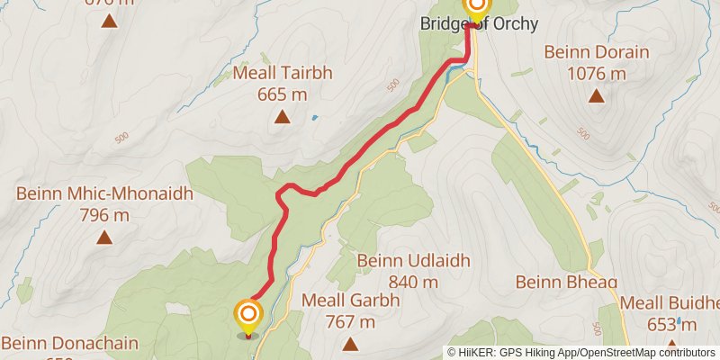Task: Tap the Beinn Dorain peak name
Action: coord(597,52)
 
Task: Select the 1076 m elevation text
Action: coord(597,73)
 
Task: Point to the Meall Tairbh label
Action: coord(282,73)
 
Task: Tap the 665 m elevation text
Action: coord(282,94)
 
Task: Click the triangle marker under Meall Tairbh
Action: coord(282,117)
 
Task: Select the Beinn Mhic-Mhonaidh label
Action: coord(104,194)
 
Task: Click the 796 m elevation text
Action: coord(104,215)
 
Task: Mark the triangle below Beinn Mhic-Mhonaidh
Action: coord(104,238)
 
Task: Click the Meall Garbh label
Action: coord(350,301)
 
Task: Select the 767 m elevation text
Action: coord(350,321)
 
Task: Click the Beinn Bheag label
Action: coord(566,283)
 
